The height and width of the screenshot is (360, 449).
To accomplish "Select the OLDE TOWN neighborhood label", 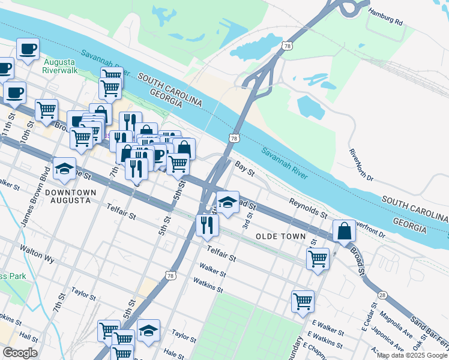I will coord(281,236).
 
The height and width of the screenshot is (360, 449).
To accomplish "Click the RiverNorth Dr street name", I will coord(361,162).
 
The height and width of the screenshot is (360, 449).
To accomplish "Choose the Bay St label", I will coord(245,169).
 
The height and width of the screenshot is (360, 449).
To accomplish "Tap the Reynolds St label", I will coord(307,208).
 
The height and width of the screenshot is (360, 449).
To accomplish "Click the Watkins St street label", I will coord(208,285).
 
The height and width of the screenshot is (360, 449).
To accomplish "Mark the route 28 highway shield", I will coord(382,295).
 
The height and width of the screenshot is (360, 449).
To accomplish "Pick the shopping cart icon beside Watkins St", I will coord(303,300).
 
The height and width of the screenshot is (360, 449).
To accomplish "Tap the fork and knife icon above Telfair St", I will coord(207,225).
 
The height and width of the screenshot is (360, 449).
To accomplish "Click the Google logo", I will coord(20,353).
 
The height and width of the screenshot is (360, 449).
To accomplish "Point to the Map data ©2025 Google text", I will coord(412,356).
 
